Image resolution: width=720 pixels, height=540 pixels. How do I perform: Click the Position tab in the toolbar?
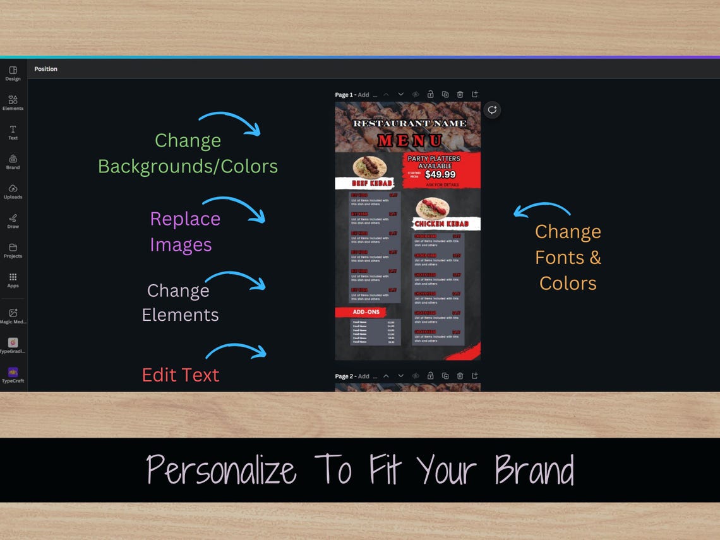45,69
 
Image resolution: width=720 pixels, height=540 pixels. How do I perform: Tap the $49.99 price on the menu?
440,174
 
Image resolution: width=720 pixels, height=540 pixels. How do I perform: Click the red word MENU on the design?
410,140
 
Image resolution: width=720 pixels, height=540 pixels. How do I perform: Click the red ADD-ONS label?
366,312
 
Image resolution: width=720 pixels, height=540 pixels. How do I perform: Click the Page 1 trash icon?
460,95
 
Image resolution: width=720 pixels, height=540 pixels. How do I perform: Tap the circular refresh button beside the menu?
492,110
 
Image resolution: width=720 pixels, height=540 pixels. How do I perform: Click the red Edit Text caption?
180,375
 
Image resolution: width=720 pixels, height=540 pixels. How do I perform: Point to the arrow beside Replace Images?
234,208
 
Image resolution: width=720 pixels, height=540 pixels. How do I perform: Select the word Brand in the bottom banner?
534,471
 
